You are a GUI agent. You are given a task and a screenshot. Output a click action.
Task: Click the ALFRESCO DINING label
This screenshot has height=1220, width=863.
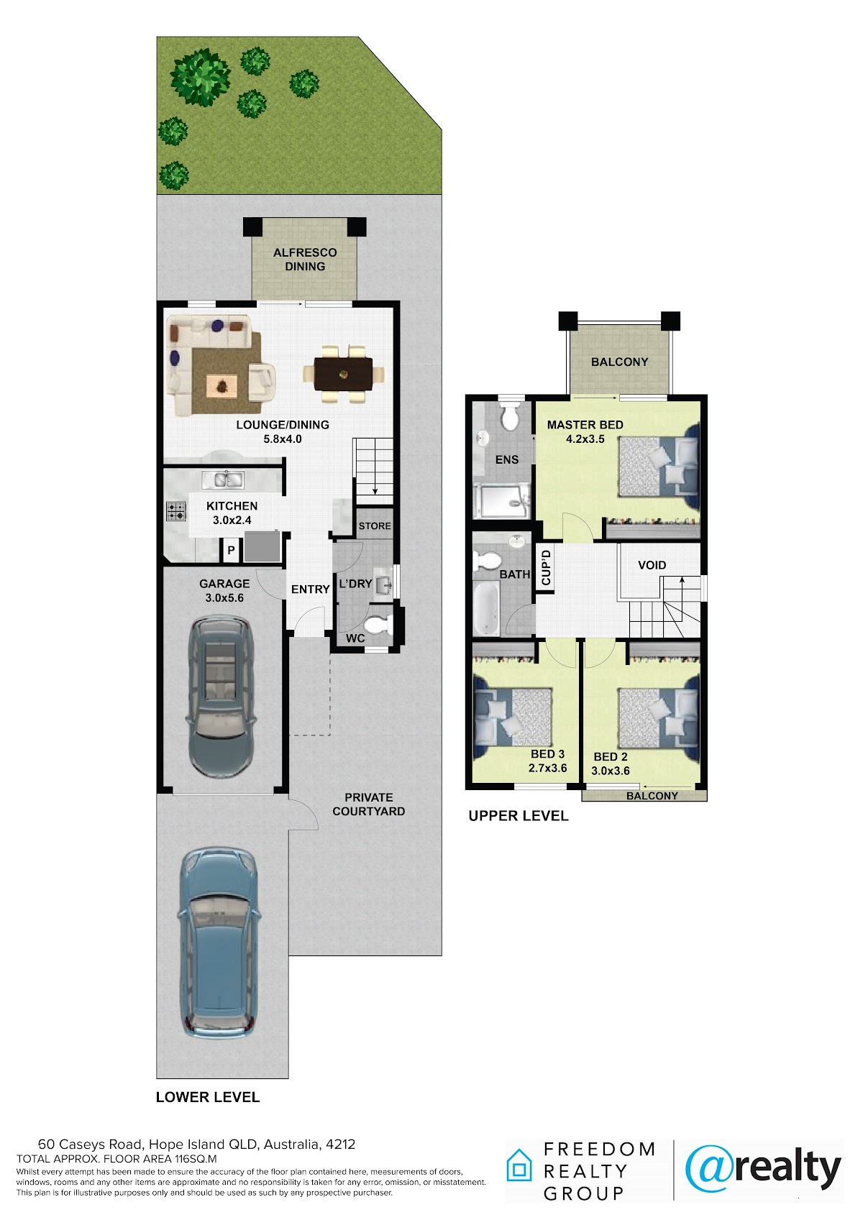[x=304, y=260]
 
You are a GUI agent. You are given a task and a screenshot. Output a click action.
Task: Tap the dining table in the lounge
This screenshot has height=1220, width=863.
[x=343, y=374]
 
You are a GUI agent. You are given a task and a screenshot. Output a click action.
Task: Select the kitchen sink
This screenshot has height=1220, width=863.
[x=223, y=480]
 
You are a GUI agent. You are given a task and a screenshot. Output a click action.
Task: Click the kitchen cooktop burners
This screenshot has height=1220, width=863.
[x=176, y=511]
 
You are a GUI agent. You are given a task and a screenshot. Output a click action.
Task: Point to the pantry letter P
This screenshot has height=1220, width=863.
[x=231, y=550]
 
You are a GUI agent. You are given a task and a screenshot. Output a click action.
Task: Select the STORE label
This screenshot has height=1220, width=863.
[x=375, y=526]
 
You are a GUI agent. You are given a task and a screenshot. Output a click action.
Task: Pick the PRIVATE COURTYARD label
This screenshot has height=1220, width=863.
[x=369, y=804]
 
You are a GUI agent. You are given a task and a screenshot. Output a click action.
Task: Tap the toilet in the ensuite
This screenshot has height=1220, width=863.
[x=511, y=416]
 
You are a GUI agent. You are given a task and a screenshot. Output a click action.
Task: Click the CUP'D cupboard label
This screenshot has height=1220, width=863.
[x=547, y=567]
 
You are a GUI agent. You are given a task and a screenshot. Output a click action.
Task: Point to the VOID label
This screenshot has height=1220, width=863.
[x=652, y=565]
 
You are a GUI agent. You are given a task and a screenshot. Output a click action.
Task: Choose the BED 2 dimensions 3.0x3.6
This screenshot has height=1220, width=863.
[x=610, y=771]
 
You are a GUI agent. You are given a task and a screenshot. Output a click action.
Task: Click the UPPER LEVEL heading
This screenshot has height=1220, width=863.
[x=518, y=815]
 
